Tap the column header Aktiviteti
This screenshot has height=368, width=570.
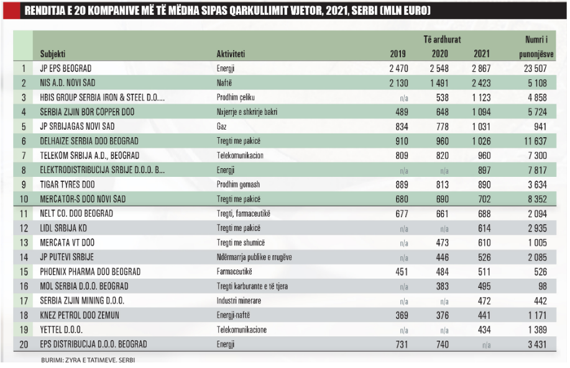click(231, 54)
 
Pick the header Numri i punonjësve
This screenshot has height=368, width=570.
click(536, 47)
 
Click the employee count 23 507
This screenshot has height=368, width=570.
click(536, 69)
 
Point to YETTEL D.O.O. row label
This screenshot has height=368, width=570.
click(61, 330)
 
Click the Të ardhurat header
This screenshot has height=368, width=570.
click(442, 39)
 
